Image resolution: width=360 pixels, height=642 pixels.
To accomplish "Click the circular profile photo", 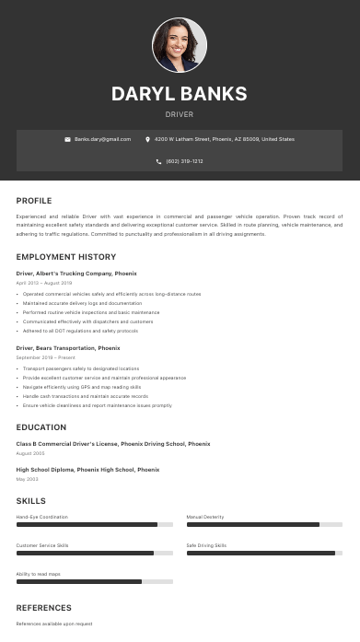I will (180, 45).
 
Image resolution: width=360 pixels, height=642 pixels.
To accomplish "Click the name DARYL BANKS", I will (180, 94).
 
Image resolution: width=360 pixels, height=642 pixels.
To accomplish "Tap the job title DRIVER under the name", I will (180, 114).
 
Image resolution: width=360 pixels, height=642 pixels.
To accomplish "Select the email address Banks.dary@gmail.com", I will (102, 139).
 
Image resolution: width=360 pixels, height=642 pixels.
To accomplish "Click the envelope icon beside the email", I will (67, 139).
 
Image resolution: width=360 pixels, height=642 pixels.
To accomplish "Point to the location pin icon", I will (147, 139).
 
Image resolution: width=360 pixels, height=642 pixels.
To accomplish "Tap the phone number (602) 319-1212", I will (184, 161).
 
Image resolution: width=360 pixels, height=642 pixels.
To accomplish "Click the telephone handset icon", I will (159, 161).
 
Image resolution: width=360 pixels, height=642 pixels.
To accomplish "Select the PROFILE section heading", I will (34, 201).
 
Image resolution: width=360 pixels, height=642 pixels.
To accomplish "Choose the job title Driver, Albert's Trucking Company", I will (76, 274).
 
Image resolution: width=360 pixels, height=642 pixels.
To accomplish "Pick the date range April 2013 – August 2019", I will (44, 283).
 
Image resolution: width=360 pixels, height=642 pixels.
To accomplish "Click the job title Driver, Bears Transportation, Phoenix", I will (68, 348).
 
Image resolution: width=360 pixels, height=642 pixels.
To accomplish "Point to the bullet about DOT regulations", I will (80, 331).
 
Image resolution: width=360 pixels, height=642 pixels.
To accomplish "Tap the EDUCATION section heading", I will (41, 427).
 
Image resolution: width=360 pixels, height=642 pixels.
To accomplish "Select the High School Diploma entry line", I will (87, 470).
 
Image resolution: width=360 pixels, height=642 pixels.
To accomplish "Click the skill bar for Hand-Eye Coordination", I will (95, 524).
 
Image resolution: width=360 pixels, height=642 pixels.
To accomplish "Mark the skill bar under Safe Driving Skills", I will (264, 553).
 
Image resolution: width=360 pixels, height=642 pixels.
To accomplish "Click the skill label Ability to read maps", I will (39, 574).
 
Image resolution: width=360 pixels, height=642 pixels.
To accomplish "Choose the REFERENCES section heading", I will (43, 608).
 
